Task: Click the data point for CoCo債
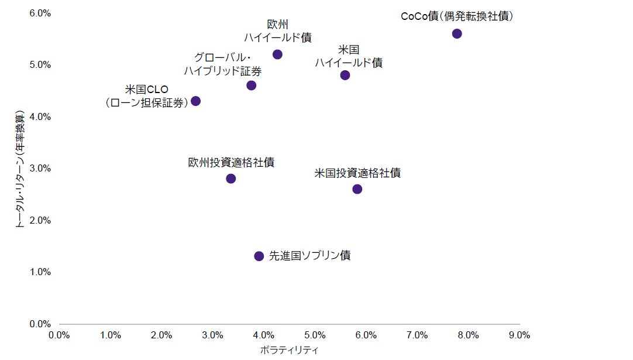[457, 33]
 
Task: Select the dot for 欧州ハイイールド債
[277, 54]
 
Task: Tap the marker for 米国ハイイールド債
[345, 75]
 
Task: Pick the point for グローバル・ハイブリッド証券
[252, 85]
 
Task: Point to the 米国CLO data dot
[196, 101]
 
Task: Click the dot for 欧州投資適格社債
[231, 179]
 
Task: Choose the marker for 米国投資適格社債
[357, 189]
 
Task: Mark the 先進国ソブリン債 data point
[259, 256]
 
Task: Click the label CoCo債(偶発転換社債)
[457, 17]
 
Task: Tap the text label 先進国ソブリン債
[309, 256]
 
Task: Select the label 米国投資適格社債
[357, 173]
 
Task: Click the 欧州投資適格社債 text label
[231, 163]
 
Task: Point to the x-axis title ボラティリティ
[289, 350]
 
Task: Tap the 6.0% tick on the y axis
[40, 13]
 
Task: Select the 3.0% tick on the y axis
[40, 169]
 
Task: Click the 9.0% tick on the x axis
[520, 335]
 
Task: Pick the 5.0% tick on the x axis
[315, 335]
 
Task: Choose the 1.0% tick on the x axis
[111, 335]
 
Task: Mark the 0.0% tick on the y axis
[40, 324]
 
